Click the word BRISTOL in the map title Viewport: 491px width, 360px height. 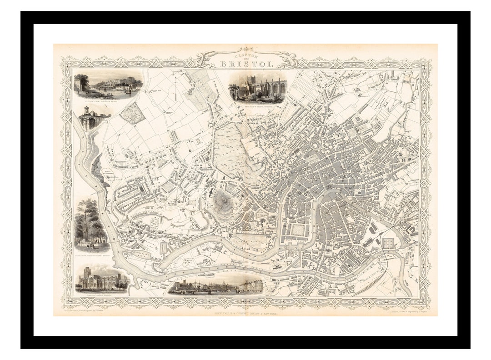247,64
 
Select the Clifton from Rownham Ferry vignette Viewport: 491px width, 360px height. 108,85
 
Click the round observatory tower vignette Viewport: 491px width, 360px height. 89,119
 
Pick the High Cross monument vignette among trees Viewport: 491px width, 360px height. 92,225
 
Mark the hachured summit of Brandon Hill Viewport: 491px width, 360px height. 222,200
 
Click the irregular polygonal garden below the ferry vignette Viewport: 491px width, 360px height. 133,113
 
